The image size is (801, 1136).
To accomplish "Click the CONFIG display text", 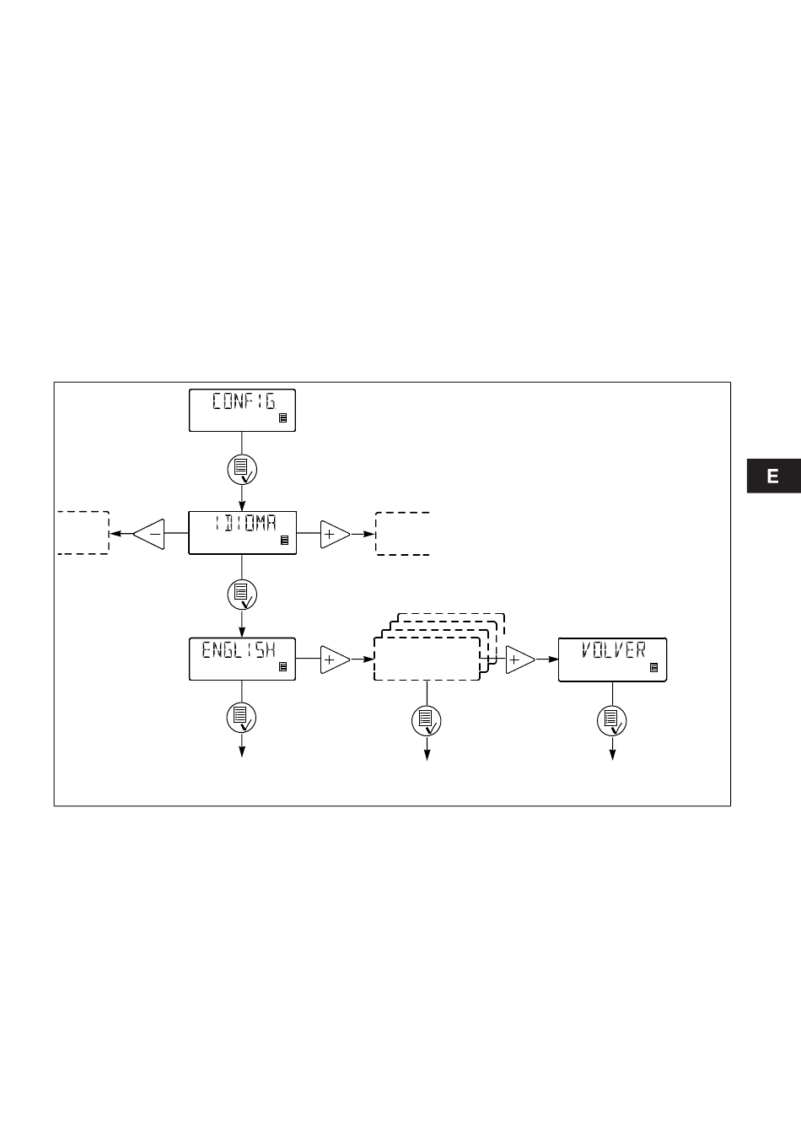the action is pos(244,401).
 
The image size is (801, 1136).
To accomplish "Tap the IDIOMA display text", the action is pos(246,523).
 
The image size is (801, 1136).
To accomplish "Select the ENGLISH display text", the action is pos(239,649).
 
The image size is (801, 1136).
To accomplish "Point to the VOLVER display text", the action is pos(614,649).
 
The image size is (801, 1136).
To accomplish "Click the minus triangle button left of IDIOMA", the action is pos(148,534).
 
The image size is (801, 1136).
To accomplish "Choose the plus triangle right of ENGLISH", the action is pos(335,660).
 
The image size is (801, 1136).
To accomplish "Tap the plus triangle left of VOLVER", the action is pos(520,660).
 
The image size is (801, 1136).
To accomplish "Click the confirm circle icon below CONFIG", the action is pos(242,470).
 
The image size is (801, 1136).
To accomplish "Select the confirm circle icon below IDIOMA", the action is pos(242,595).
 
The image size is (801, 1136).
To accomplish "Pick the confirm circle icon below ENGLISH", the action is pos(241,718).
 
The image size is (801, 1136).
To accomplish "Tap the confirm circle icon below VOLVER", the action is pos(612,721).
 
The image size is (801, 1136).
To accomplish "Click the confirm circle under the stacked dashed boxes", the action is pos(427,721).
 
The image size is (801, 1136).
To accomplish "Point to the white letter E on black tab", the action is pos(772,476).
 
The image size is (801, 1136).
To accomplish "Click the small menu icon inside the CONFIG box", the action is pos(283,418).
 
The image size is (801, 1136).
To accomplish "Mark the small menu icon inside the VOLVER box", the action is pos(654,668).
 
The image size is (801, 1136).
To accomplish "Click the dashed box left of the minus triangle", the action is pos(109,532).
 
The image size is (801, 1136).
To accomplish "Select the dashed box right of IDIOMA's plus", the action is pos(376,534).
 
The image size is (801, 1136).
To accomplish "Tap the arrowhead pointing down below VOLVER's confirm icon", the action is pos(612,755).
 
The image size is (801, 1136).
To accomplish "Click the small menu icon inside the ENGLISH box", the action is pos(283,666).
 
